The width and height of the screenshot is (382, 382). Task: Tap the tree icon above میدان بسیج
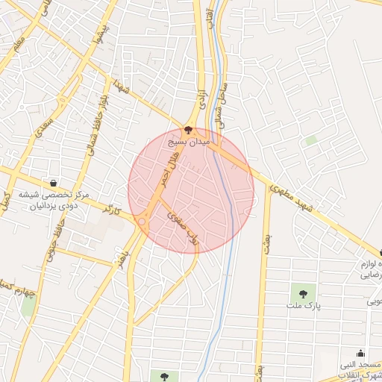click(x=187, y=130)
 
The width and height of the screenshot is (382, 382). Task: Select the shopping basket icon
click(x=53, y=183)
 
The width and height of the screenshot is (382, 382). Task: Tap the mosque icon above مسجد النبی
click(x=361, y=354)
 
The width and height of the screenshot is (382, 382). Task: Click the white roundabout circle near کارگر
click(x=142, y=220)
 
